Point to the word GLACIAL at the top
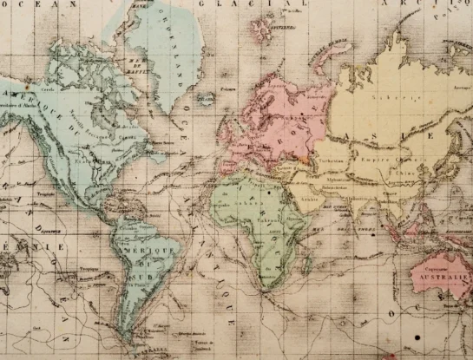tap(271, 5)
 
